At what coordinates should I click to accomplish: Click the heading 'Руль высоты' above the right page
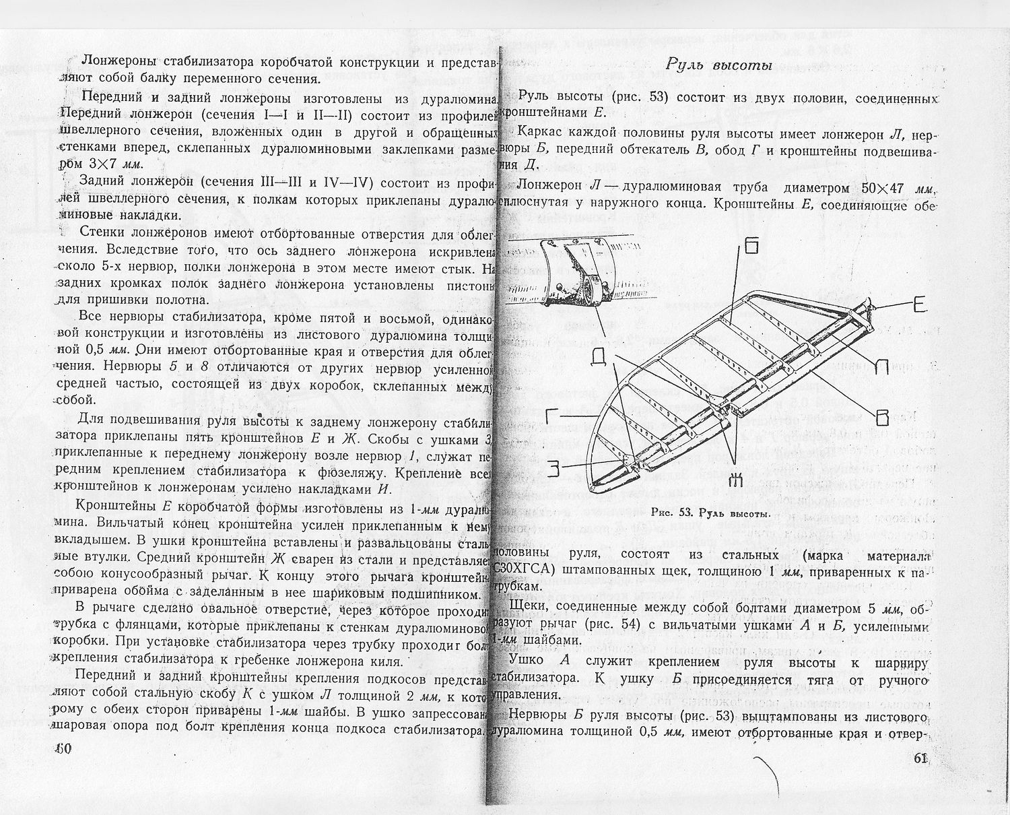[718, 65]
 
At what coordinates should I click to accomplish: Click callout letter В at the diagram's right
[882, 418]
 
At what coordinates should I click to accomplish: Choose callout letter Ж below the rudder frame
[735, 480]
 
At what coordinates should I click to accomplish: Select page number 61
[921, 758]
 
